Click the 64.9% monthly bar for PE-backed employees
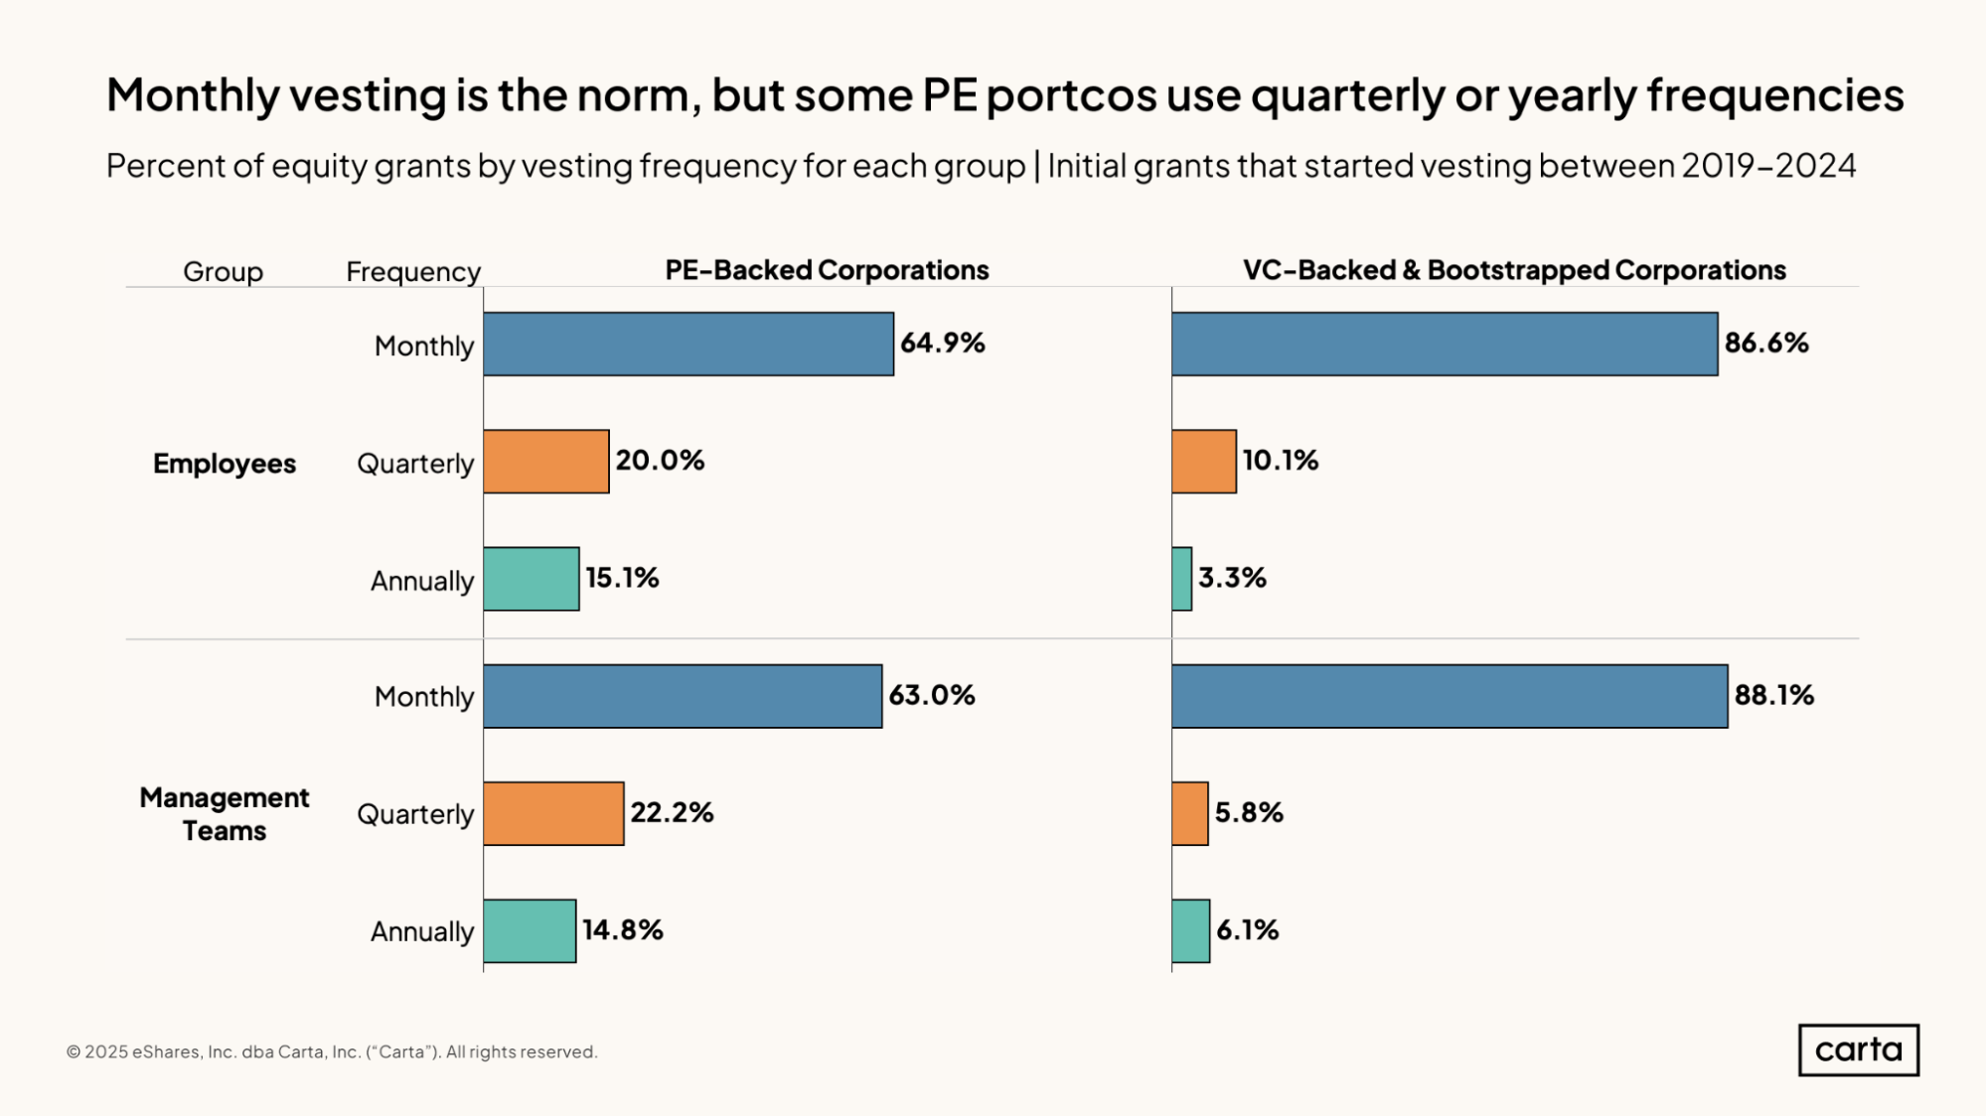pos(688,345)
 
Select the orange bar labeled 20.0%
pos(546,462)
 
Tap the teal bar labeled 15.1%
pos(532,579)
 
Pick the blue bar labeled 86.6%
pos(1445,345)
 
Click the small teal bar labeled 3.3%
pos(1182,579)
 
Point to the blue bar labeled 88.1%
pos(1450,696)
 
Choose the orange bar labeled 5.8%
pos(1190,813)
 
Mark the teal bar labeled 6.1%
pos(1191,930)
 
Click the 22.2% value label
pos(672,812)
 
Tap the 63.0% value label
pos(932,695)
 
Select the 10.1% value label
pos(1281,461)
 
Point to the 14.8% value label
pos(623,930)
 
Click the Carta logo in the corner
pos(1858,1049)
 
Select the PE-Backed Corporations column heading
pos(827,270)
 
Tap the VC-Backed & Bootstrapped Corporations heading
pos(1514,270)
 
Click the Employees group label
pos(225,464)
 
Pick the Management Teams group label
pos(225,814)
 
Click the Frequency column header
pos(413,271)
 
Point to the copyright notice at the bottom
pos(332,1052)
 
